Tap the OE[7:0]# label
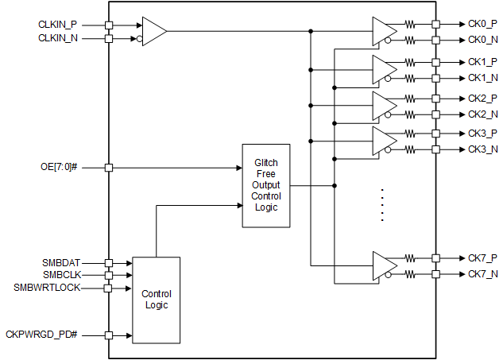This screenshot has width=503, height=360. click(x=60, y=168)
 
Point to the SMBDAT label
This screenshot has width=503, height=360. click(x=61, y=262)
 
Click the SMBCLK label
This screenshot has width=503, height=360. click(x=61, y=275)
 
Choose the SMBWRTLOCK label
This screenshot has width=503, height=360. click(x=47, y=288)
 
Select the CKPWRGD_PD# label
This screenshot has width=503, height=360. click(x=52, y=335)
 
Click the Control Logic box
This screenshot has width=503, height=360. click(x=156, y=300)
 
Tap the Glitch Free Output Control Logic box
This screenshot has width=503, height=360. click(x=265, y=186)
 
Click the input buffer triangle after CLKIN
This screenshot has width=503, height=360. click(x=153, y=32)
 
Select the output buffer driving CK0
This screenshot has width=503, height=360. click(x=384, y=32)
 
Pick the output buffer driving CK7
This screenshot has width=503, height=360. click(x=384, y=265)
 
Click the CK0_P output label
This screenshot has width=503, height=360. click(x=482, y=25)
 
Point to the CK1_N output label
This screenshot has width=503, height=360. click(x=482, y=78)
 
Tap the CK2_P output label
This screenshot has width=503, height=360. click(x=482, y=98)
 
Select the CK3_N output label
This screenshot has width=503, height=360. click(x=482, y=149)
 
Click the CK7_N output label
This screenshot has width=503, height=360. click(x=482, y=274)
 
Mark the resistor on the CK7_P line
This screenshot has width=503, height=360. click(x=410, y=258)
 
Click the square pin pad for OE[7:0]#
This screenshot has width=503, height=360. click(x=109, y=168)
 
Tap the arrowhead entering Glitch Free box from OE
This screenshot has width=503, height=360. click(x=238, y=168)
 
